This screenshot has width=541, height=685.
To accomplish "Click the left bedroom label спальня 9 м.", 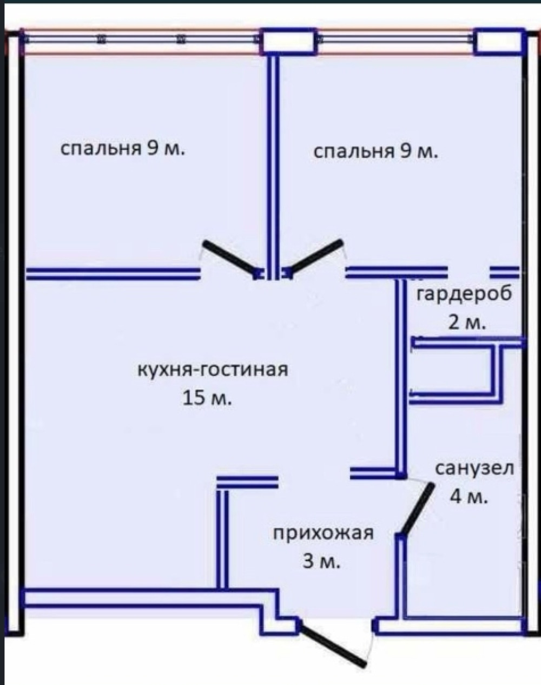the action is [122, 148].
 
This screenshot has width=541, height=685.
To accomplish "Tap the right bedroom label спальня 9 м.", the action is [376, 152].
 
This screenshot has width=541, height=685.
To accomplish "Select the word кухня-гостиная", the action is [213, 370].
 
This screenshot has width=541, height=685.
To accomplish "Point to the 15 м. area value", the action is [207, 398].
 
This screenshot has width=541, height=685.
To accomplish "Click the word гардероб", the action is [464, 294].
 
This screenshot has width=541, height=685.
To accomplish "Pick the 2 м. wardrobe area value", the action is [467, 322].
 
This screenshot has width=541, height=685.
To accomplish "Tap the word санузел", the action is [474, 468].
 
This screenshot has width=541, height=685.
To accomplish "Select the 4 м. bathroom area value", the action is [469, 496].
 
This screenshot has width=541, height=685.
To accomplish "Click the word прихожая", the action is [323, 533].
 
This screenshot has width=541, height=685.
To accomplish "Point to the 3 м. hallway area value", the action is [321, 562].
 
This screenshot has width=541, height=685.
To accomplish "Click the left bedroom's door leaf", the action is [230, 259].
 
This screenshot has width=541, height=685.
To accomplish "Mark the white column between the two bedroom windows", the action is [289, 42].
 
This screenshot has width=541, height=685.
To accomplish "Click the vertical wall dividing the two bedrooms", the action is [273, 167].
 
